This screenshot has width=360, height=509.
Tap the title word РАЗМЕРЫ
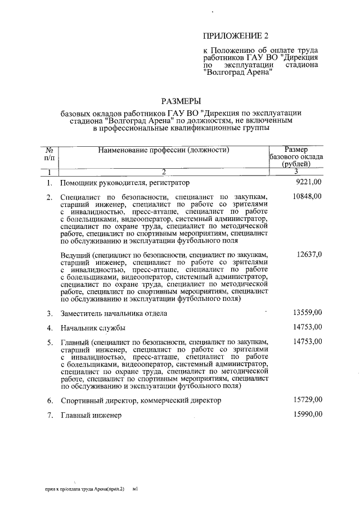click(181, 101)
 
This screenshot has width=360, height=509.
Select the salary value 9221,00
click(308, 182)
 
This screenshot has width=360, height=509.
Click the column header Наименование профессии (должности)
click(164, 150)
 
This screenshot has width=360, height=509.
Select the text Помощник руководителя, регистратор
click(125, 183)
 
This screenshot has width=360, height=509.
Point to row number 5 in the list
click(49, 342)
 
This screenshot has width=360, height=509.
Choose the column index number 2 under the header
click(164, 172)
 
